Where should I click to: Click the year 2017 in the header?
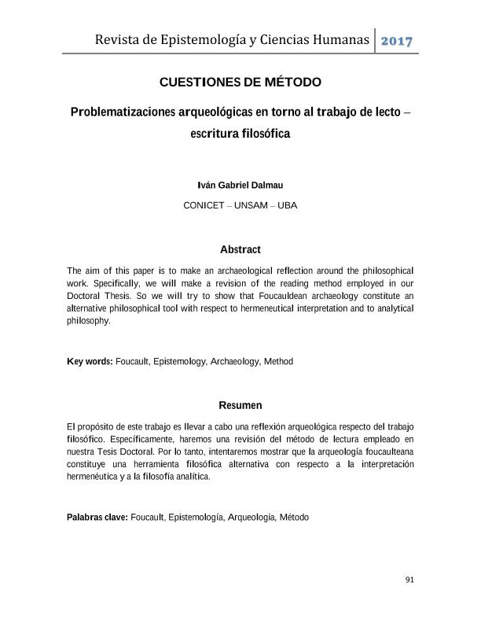point(397,41)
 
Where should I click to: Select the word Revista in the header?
point(117,39)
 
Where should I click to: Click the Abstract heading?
point(240,249)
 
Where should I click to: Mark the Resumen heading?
point(240,406)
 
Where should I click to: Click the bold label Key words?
point(90,362)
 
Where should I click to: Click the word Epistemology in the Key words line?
point(179,362)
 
